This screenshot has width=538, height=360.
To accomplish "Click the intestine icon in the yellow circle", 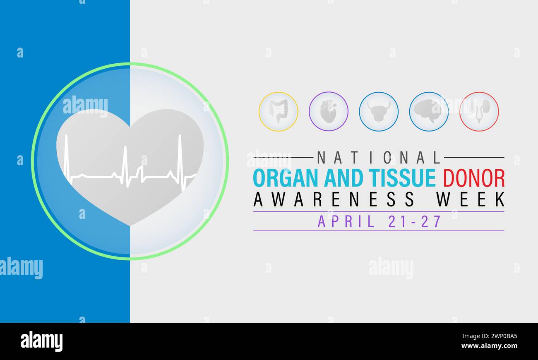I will pos(278,111).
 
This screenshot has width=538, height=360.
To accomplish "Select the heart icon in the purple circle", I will pos(328,111).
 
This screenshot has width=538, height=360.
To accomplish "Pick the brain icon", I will pos(429,111).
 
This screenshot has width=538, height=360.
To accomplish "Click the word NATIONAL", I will pos(379,158).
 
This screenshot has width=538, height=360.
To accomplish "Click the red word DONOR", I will pos(474,178).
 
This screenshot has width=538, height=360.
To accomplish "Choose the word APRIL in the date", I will pos(346,221).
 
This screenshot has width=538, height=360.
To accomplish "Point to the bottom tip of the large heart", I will pos(130,225).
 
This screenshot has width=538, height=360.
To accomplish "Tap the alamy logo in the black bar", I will pos(41,341).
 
